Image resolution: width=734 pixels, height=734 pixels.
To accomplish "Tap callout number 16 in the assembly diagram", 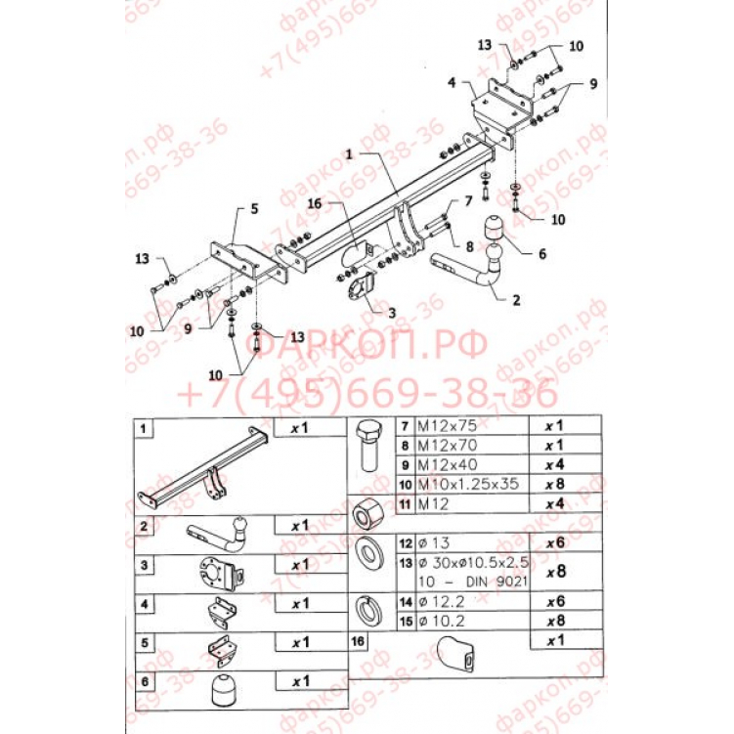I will click(x=314, y=204).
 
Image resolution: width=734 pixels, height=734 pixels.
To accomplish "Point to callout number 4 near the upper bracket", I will click(x=453, y=84).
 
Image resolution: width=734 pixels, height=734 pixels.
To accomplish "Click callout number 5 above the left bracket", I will click(x=253, y=208).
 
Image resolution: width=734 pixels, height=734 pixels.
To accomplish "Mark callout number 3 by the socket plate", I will click(x=391, y=314).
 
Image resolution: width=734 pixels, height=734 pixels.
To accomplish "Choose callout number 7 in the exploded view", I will click(x=467, y=201).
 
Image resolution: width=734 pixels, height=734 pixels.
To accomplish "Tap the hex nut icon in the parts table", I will click(x=368, y=510).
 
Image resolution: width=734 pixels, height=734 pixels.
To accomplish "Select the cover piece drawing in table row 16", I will click(x=456, y=655).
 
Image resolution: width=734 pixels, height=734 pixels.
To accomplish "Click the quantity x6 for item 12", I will click(x=555, y=541).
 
